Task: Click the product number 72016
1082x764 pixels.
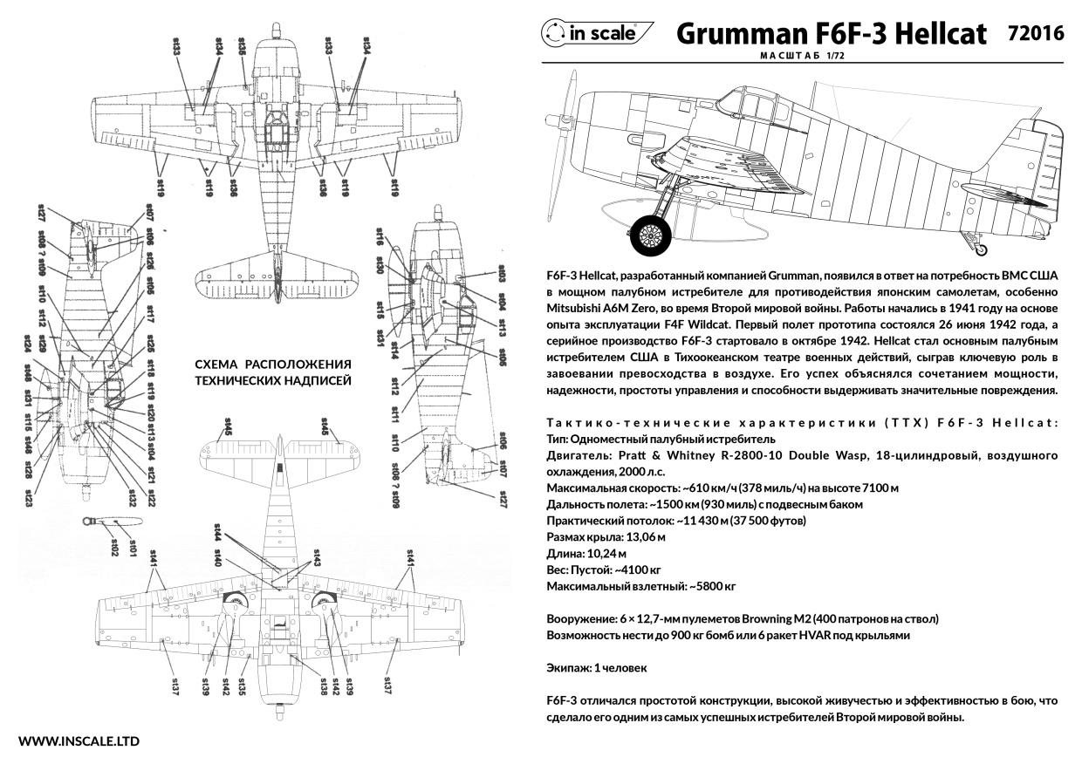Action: (x=1034, y=33)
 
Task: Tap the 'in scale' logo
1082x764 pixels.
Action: (x=598, y=33)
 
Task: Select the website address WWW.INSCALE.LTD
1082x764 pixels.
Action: (x=79, y=741)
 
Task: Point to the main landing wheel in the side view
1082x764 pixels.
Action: (x=651, y=232)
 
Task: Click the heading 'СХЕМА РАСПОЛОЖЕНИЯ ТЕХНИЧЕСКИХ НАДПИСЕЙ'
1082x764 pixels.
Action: (x=272, y=372)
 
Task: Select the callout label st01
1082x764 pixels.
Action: (x=133, y=548)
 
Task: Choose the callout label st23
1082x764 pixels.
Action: (x=29, y=498)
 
